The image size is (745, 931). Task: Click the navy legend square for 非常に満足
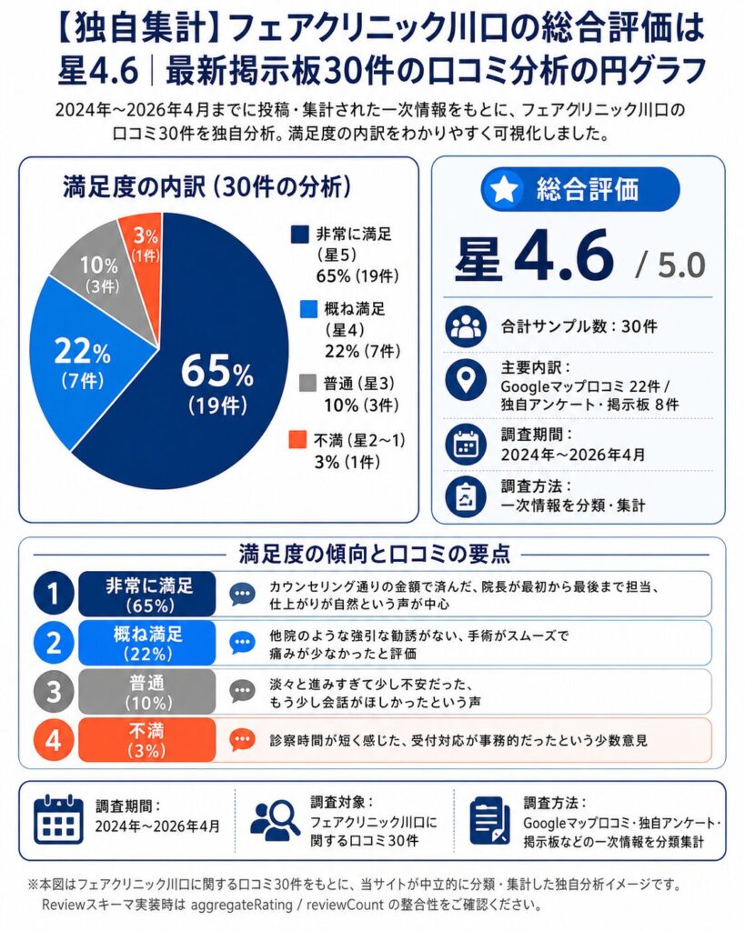299,235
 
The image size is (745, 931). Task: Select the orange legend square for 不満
298,440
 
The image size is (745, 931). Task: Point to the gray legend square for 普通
298,384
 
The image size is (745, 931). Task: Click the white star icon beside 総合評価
506,189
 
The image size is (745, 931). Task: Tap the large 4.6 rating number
564,257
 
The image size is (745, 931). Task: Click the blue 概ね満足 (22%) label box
146,642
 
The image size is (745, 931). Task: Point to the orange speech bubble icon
242,740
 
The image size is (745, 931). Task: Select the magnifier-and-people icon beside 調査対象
275,818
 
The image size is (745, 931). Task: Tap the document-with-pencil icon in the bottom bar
489,820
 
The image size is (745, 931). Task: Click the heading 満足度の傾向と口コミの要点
372,553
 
